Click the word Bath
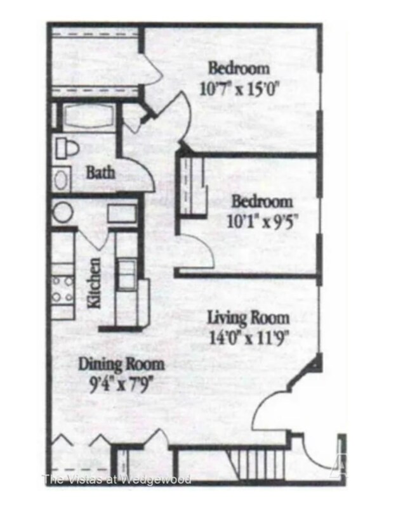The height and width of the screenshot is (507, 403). click(100, 172)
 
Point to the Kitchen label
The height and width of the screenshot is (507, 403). click(94, 283)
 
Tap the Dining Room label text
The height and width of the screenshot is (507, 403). click(121, 364)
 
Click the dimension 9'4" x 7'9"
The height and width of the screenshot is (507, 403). click(121, 383)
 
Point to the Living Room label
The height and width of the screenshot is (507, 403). click(249, 318)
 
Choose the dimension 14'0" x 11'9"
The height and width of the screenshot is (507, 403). click(249, 337)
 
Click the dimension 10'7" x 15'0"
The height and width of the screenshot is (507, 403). click(239, 87)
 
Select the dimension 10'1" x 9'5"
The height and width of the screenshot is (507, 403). click(261, 222)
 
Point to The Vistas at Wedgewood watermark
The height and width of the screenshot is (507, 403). click(117, 478)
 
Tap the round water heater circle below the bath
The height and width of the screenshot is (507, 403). click(63, 212)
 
